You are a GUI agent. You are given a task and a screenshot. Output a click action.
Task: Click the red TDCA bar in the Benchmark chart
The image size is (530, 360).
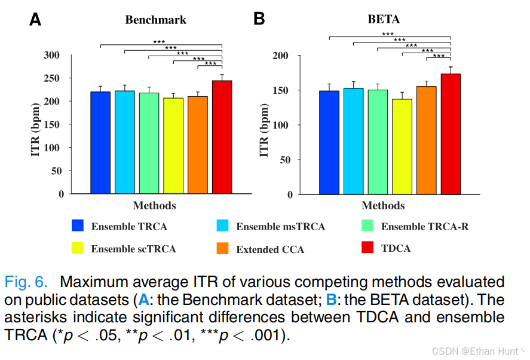click(222, 137)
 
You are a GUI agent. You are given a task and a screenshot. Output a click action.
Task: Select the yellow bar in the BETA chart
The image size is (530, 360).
click(402, 147)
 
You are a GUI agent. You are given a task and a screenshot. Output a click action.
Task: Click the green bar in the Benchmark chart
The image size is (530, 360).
click(149, 143)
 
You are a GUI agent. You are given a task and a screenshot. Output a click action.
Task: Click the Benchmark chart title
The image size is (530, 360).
click(155, 20)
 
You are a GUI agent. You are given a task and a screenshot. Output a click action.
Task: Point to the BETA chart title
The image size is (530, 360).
click(384, 19)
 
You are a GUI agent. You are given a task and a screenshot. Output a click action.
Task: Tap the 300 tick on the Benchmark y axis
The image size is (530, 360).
click(53, 55)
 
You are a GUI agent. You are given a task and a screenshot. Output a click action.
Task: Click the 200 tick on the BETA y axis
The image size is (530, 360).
click(281, 56)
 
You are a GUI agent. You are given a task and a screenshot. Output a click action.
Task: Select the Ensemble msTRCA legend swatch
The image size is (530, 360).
click(222, 226)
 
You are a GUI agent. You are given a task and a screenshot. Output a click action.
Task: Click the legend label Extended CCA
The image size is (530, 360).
click(270, 249)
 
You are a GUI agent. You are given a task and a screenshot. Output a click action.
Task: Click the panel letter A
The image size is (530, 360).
click(36, 20)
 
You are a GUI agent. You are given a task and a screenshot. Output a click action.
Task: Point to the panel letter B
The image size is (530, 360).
click(259, 19)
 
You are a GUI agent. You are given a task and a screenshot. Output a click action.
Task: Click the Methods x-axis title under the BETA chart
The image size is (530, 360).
click(383, 206)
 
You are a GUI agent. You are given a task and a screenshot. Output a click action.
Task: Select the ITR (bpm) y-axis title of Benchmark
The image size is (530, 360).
click(35, 125)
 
